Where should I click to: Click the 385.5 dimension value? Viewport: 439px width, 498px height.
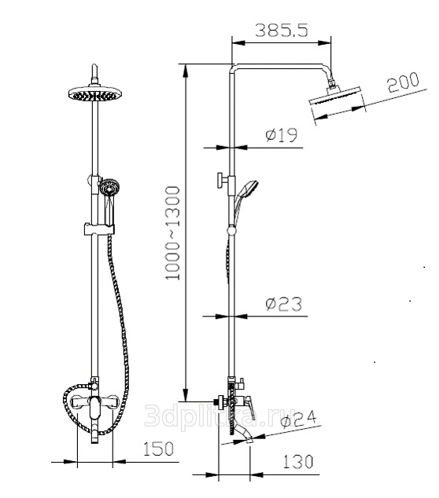282,31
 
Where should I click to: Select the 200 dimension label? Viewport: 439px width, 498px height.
404,82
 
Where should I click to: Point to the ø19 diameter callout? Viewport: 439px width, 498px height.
282,134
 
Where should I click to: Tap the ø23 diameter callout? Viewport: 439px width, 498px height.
283,304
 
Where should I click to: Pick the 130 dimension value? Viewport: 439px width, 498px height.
298,462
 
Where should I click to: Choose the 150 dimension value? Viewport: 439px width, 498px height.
158,449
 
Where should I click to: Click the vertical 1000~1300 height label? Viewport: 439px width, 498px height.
173,233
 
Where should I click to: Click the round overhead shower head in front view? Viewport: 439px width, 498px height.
95,93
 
